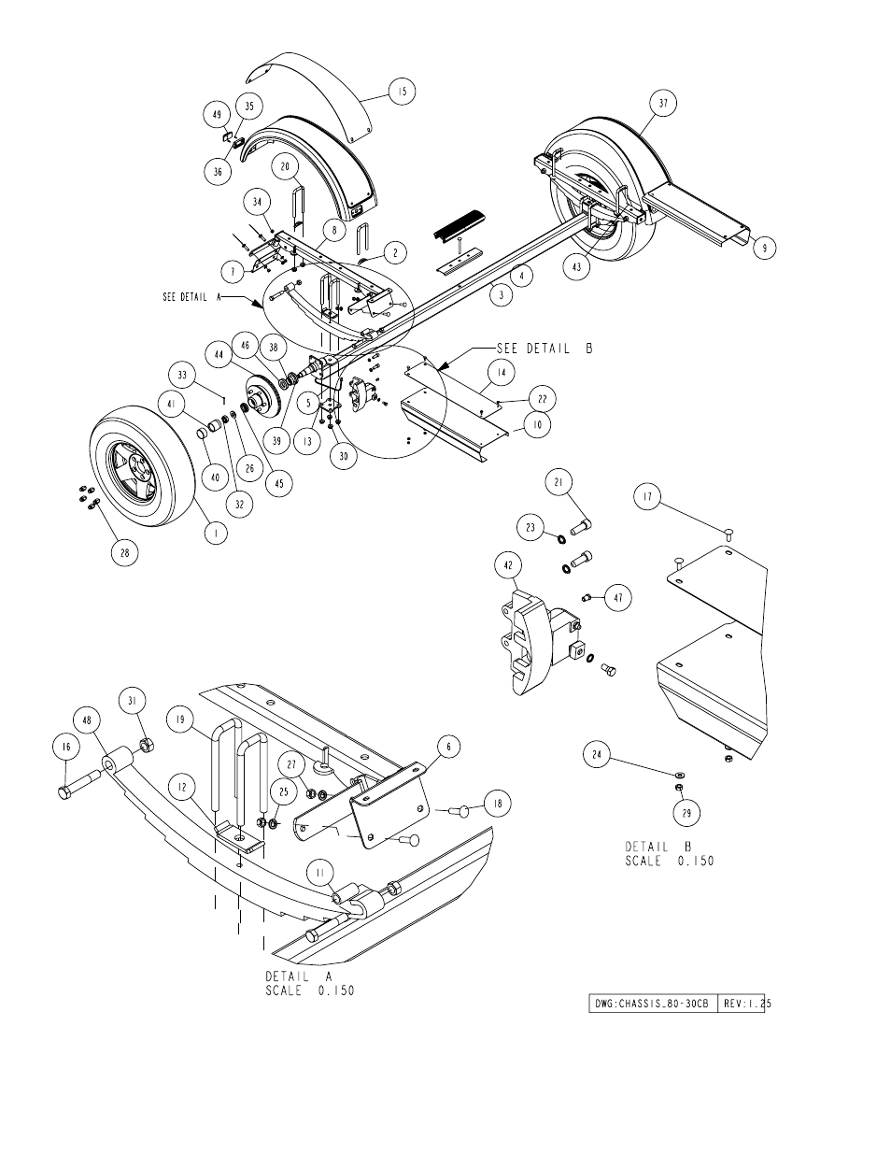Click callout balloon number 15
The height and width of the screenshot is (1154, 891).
tap(402, 92)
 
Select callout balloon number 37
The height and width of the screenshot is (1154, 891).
tap(663, 103)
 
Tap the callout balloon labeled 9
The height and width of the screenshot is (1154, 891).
tap(764, 248)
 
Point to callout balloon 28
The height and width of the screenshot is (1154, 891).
tap(125, 553)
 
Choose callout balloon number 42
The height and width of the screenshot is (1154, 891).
tap(508, 565)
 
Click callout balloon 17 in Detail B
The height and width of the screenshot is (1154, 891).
tap(647, 496)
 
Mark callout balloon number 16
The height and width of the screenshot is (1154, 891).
tap(66, 747)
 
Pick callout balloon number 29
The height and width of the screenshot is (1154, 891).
tap(686, 813)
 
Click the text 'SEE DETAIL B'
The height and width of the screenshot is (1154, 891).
tap(544, 349)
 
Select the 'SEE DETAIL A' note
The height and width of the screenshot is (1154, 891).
tap(191, 297)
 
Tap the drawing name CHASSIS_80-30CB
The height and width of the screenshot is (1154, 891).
tap(651, 1004)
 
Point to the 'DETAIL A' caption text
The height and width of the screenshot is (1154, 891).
tap(299, 976)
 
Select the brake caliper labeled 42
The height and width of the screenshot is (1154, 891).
tap(540, 639)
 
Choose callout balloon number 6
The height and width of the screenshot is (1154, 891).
tap(448, 747)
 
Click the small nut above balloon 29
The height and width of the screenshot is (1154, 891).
tap(681, 787)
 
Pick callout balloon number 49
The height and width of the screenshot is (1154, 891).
tap(217, 115)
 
